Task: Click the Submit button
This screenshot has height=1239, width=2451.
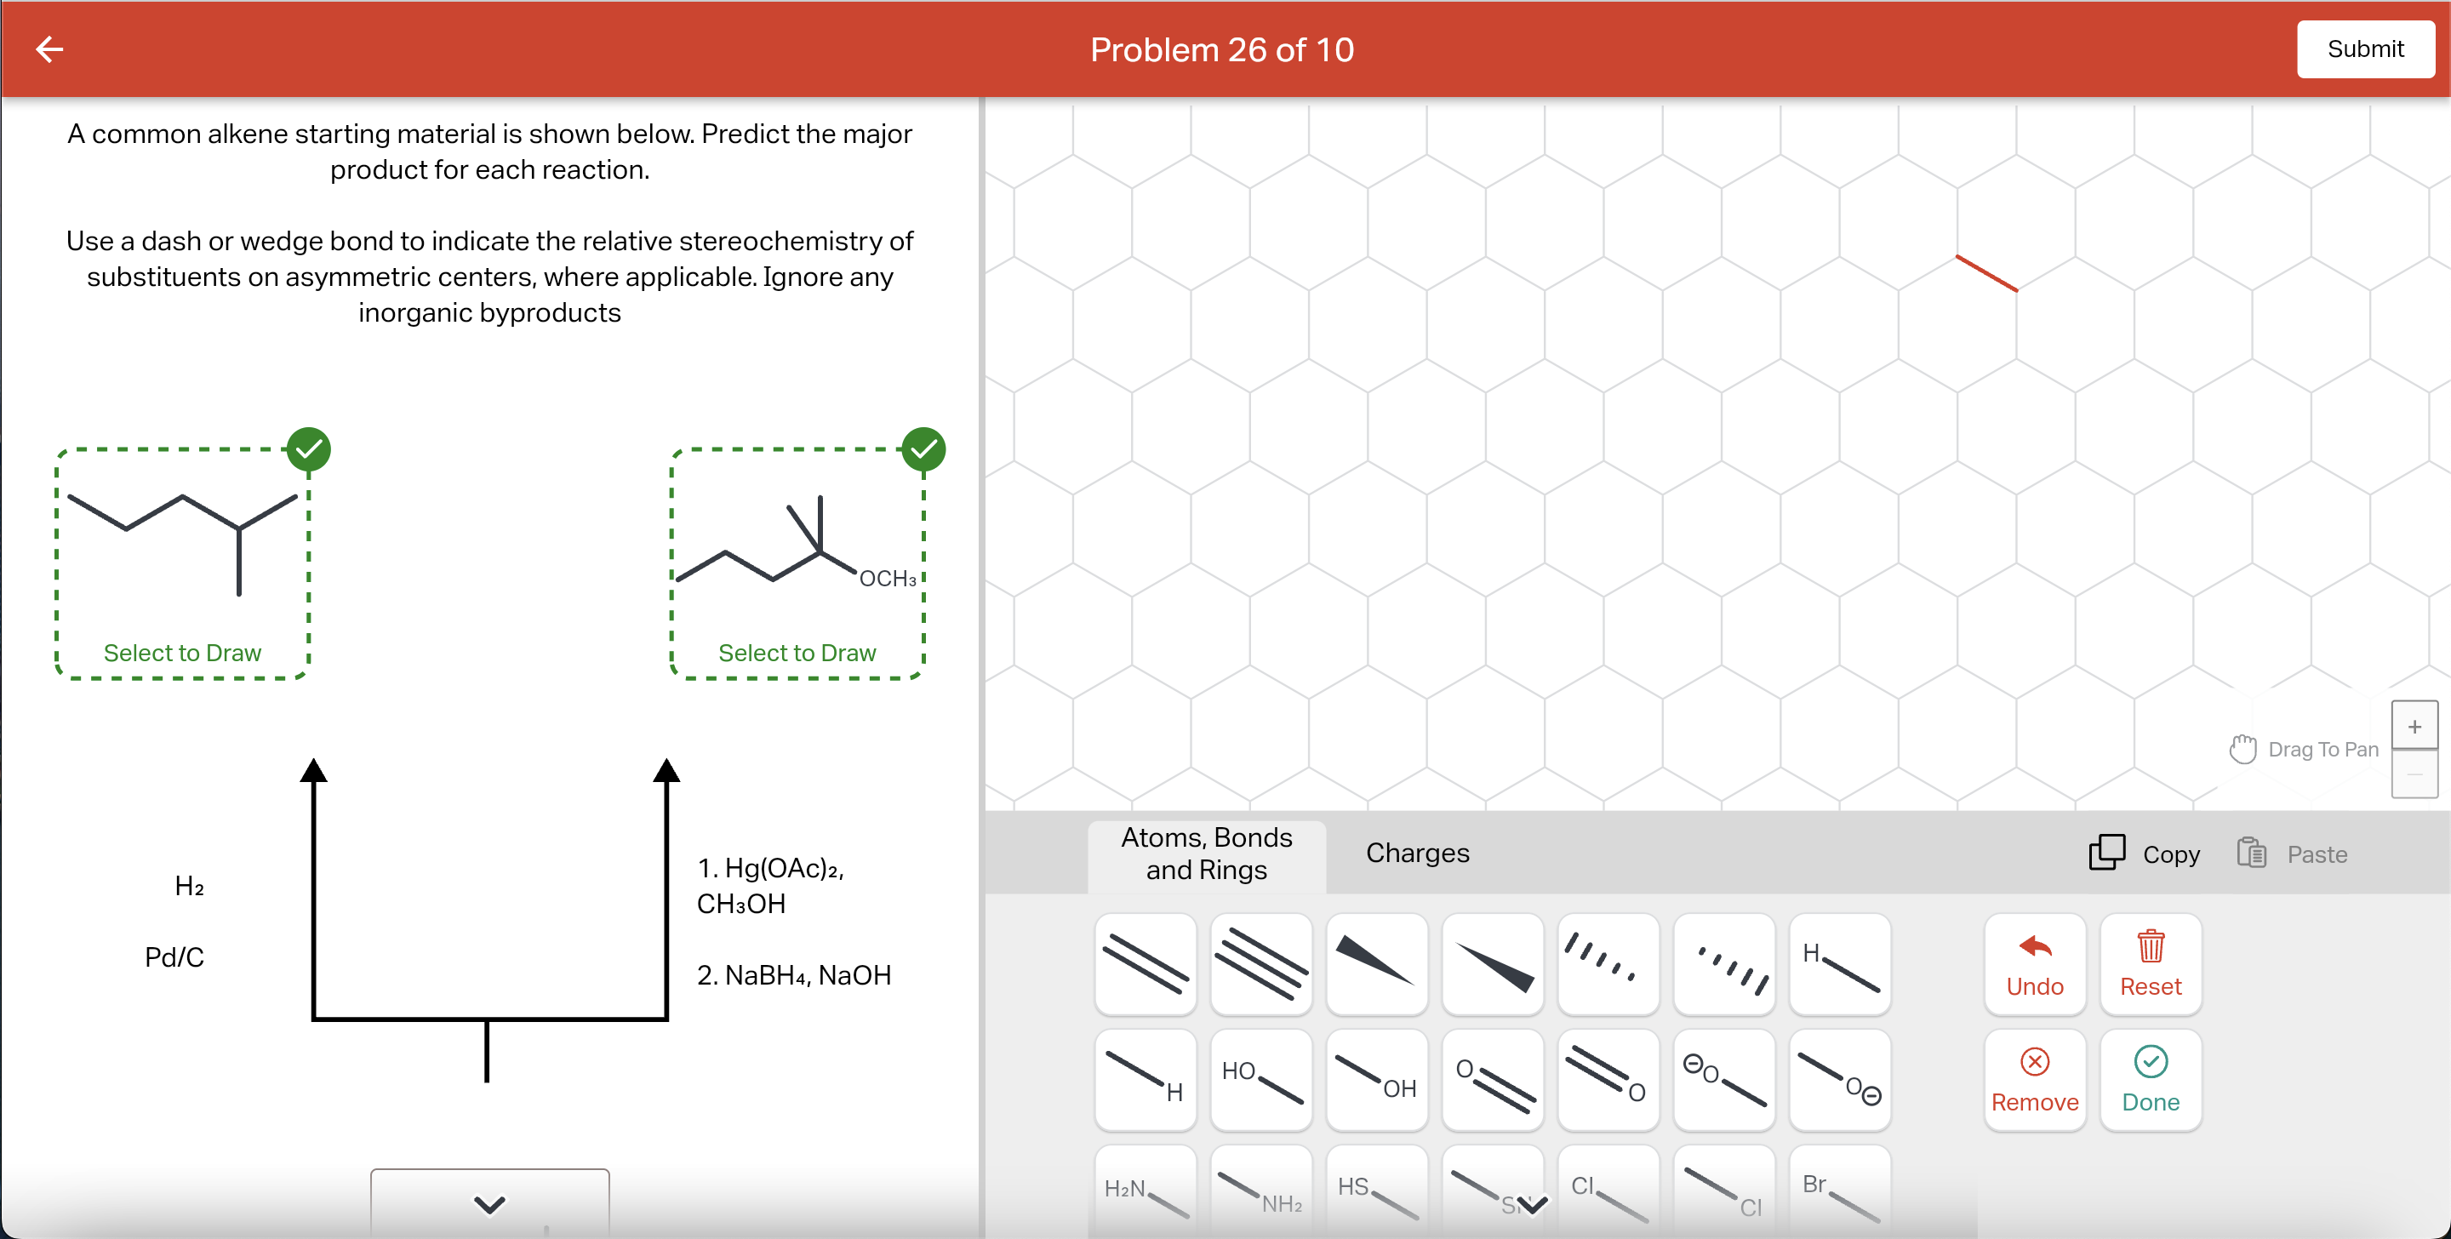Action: click(x=2364, y=49)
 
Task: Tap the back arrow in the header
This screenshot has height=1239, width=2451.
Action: click(x=49, y=49)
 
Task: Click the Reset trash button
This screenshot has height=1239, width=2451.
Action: click(x=2150, y=964)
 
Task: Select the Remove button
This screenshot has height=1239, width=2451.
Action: click(x=2034, y=1079)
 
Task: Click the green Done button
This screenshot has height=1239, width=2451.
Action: click(x=2150, y=1079)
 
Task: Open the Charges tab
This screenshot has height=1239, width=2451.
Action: click(x=1417, y=853)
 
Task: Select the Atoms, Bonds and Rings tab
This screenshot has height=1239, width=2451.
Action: click(x=1206, y=854)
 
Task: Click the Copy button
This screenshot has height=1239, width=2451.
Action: click(x=2144, y=854)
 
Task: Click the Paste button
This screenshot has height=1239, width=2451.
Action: click(x=2292, y=854)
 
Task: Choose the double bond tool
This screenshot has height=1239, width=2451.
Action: click(x=1145, y=964)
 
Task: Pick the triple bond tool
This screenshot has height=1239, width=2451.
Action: click(x=1260, y=964)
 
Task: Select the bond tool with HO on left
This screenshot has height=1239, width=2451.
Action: click(x=1260, y=1080)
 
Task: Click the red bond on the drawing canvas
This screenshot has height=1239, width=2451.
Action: click(x=1985, y=273)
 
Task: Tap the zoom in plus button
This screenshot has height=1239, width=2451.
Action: click(x=2414, y=727)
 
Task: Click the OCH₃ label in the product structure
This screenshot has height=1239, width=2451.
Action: click(x=887, y=579)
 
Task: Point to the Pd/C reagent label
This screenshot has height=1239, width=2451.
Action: click(x=174, y=956)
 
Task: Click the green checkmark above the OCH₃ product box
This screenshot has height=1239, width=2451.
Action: click(x=923, y=449)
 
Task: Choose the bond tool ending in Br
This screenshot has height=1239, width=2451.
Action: click(x=1839, y=1194)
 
